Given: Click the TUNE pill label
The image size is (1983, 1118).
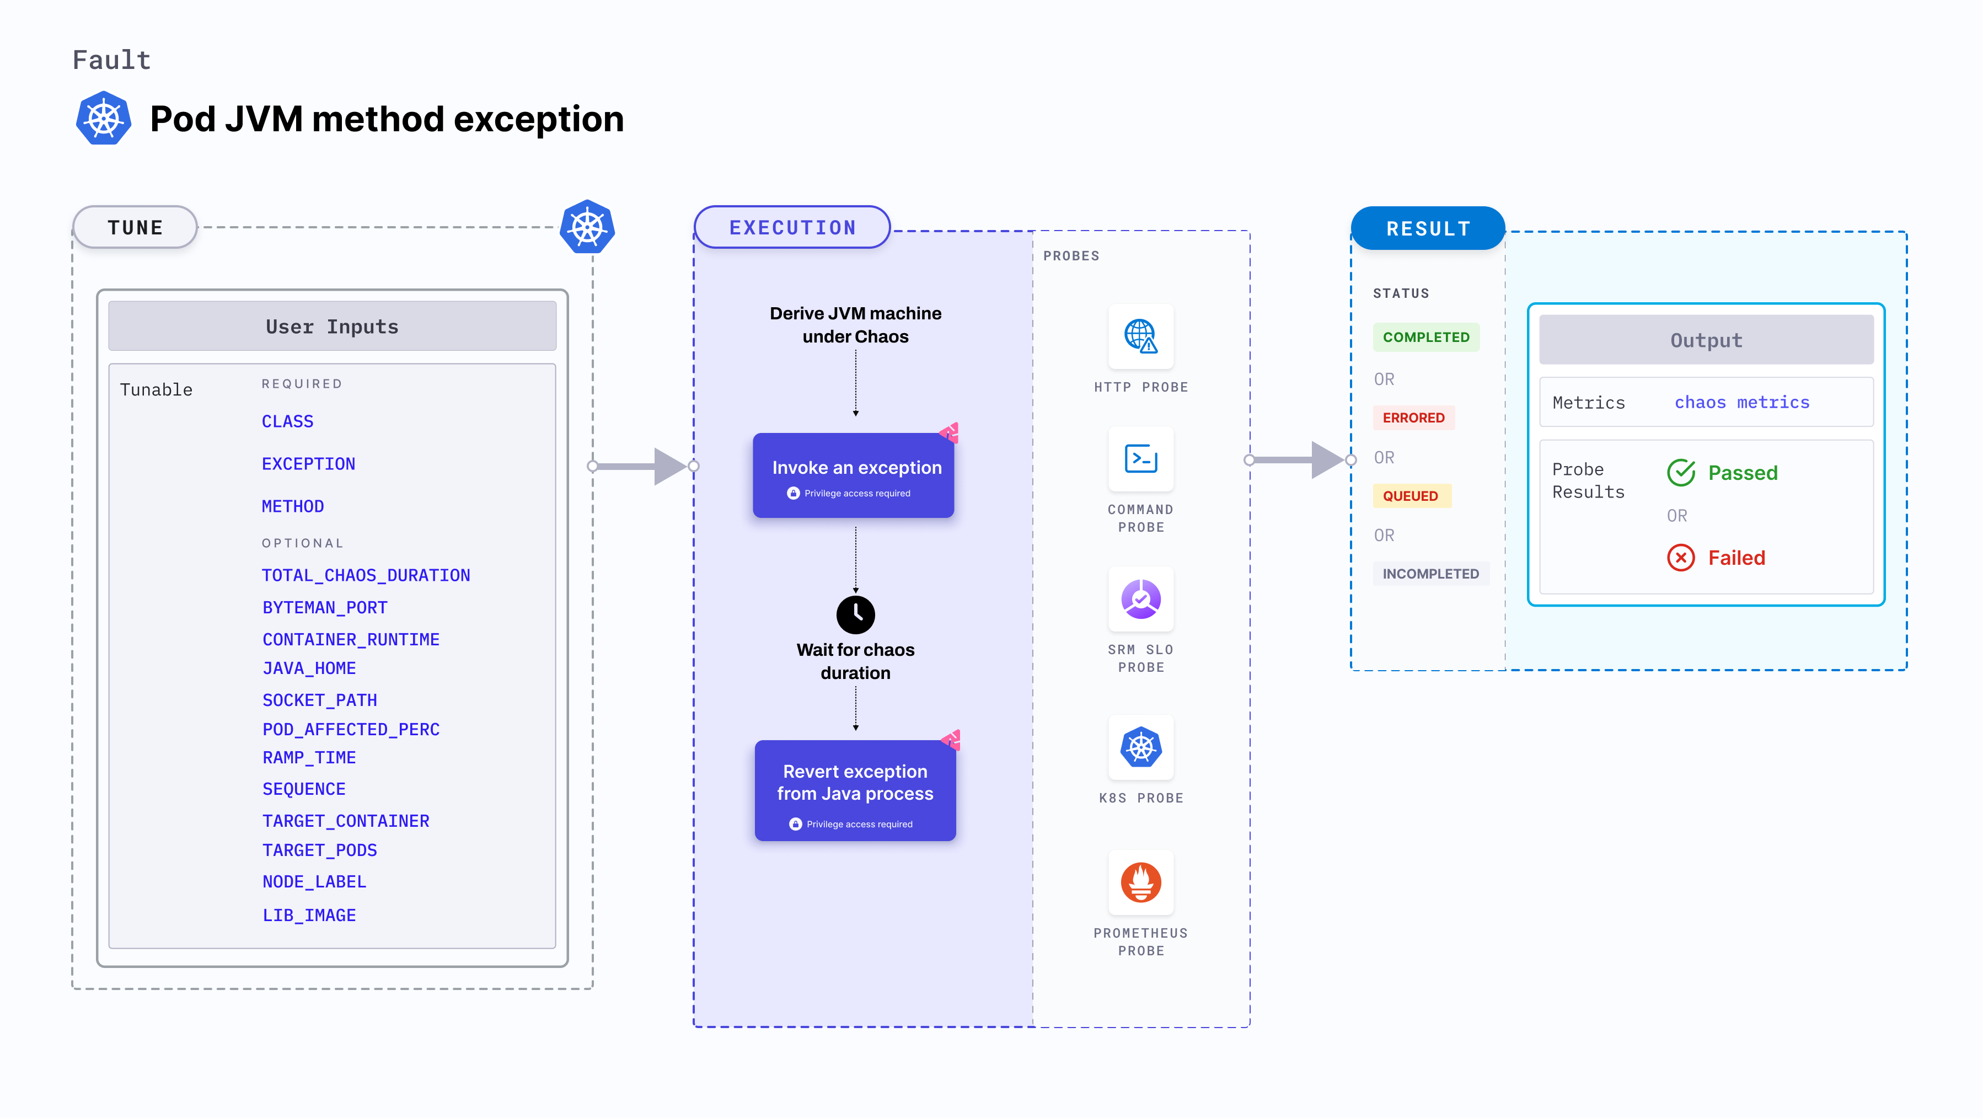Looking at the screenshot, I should pos(136,228).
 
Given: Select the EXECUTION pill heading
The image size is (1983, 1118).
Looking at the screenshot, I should pos(792,228).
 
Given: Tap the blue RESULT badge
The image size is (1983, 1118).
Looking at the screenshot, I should pos(1428,229).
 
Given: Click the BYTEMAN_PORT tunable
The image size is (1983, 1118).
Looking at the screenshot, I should pos(325,607).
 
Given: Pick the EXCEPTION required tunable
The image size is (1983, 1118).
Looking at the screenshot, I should pos(308,463).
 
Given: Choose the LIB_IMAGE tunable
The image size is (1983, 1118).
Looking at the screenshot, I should pos(309,914).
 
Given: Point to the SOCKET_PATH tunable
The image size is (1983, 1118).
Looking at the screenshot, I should pos(319,700).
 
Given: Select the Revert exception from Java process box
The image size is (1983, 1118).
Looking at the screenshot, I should pos(855,791).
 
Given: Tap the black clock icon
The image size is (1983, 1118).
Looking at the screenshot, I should pos(855,614).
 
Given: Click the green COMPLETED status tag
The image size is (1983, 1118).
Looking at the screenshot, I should pos(1425,337).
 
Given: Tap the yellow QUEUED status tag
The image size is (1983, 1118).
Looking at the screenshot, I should pos(1410,496).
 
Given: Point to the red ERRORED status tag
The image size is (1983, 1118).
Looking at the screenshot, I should pos(1413,418).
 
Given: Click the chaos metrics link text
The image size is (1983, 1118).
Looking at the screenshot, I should pos(1741,402).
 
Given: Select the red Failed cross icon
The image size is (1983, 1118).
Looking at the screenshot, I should pos(1680,558).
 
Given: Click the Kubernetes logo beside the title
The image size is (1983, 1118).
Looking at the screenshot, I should pos(103,119).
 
